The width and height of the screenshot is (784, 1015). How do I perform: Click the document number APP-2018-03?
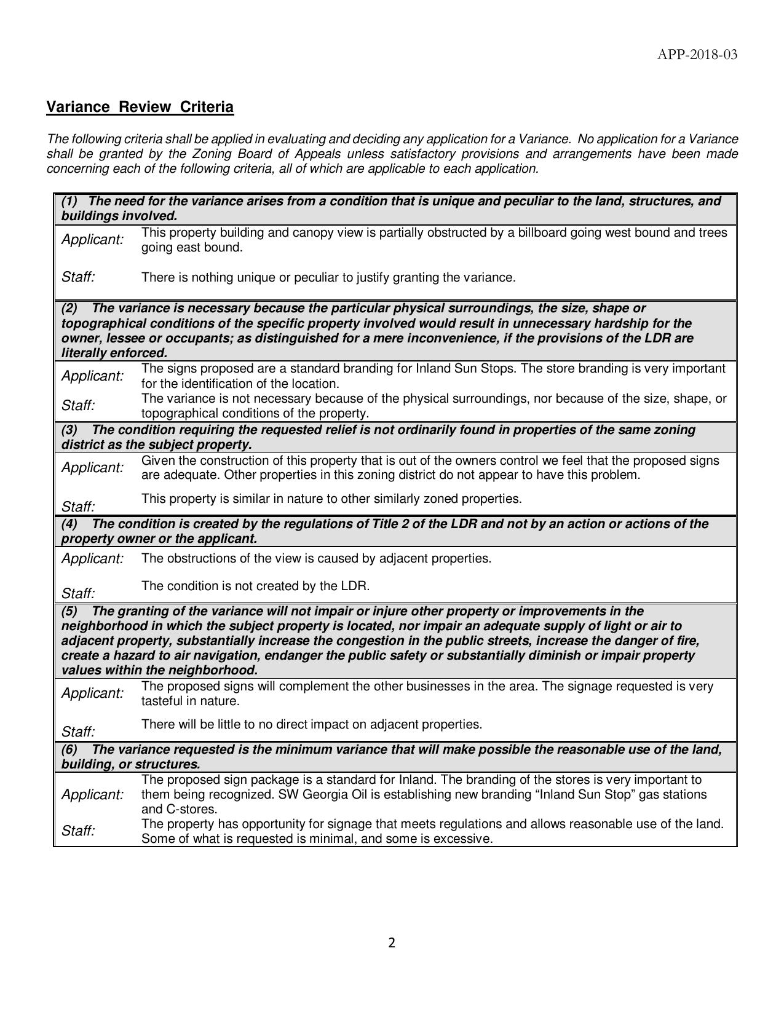(x=697, y=55)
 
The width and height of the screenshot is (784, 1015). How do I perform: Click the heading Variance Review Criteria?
(x=140, y=107)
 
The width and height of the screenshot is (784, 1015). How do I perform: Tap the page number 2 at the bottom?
(x=392, y=943)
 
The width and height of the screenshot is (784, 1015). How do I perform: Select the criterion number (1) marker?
(x=69, y=201)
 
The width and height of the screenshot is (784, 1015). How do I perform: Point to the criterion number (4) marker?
(x=69, y=524)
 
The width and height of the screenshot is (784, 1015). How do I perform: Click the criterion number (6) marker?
(x=69, y=749)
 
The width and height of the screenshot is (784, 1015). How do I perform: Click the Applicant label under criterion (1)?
(x=92, y=240)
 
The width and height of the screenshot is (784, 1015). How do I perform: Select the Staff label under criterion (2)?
(x=78, y=406)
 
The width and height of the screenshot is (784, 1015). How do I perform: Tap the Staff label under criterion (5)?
(x=78, y=732)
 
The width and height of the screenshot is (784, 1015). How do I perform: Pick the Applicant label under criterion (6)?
(x=92, y=794)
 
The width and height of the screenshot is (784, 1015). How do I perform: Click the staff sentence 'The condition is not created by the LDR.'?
(x=255, y=586)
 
